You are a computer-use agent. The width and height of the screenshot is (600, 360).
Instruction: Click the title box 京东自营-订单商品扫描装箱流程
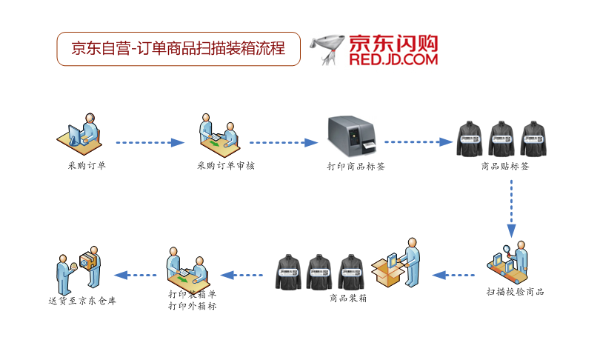[x=179, y=49]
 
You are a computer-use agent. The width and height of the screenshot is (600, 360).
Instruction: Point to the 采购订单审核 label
[x=226, y=166]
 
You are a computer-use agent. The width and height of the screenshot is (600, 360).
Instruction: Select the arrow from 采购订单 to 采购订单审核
[x=150, y=142]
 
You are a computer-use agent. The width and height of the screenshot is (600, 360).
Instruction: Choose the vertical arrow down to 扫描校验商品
[x=511, y=207]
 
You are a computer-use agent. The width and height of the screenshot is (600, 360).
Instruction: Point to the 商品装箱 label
[x=348, y=299]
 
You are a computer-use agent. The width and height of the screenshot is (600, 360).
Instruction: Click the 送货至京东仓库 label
[x=82, y=301]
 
